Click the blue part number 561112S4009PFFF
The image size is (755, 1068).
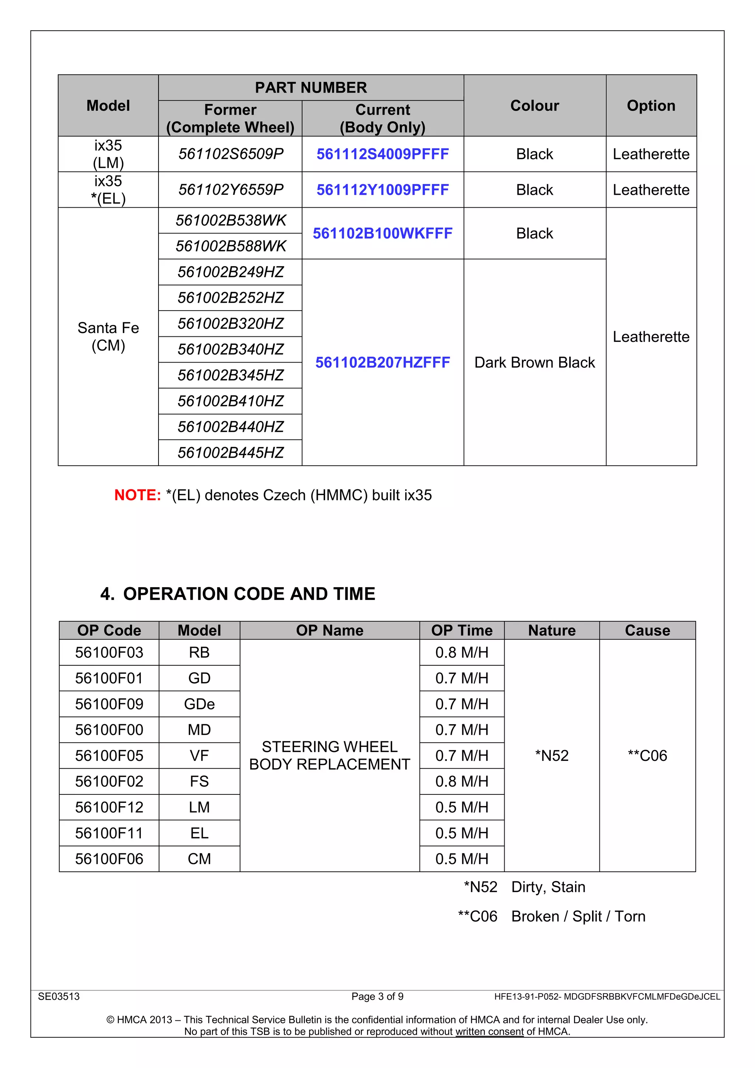[383, 154]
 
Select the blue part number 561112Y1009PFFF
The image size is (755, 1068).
[383, 190]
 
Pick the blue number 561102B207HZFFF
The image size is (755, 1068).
[383, 363]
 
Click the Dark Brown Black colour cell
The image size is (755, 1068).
[535, 363]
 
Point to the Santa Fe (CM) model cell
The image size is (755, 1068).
[108, 336]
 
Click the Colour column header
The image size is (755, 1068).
[535, 105]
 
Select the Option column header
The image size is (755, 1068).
[651, 105]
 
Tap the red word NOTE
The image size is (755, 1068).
[138, 495]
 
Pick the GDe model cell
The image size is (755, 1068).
[199, 704]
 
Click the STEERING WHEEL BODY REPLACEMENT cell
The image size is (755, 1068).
[330, 755]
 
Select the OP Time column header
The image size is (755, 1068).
[462, 630]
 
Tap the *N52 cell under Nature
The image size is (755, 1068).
[552, 755]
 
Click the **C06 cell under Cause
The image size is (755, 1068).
[647, 755]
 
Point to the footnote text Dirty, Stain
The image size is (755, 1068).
[548, 887]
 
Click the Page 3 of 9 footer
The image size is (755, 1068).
[377, 996]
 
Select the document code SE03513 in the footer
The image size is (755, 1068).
[59, 996]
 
